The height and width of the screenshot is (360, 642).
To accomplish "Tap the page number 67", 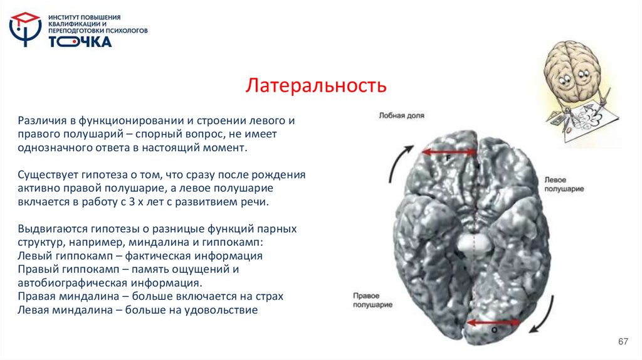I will tap(623, 341).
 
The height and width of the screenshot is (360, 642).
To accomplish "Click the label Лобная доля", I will tap(401, 115).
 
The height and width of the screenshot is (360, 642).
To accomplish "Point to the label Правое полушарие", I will tap(372, 300).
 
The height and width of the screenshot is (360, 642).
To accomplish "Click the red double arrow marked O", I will tap(495, 323).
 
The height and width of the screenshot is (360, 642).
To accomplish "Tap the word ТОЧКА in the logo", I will tap(80, 42).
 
